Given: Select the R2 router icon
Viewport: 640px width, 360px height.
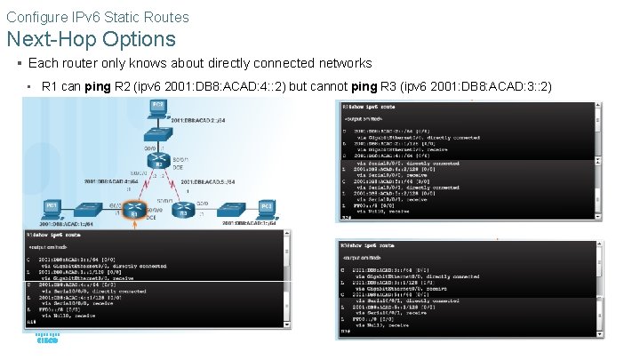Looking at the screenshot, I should pos(158,164).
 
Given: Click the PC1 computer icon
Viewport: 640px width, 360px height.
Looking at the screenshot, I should pos(52,208).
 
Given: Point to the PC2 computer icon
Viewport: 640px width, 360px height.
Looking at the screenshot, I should pos(158,108).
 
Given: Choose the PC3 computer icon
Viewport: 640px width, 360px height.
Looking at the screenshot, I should pos(266,208).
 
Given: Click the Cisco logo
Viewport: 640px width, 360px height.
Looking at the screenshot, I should pos(47,340).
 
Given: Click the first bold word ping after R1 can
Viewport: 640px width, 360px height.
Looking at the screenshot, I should pos(100,86).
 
